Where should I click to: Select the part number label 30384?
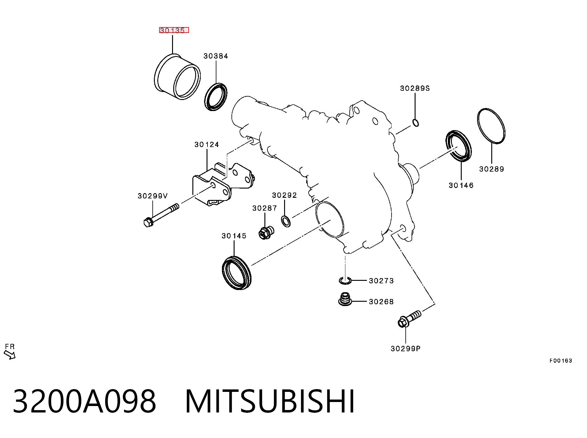point(216,56)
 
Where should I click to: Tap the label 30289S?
point(415,88)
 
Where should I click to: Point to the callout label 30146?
point(461,185)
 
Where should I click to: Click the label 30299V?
point(153,196)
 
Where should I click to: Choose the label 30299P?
point(405,348)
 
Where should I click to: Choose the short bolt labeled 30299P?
point(409,319)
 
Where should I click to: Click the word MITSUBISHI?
point(270,402)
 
